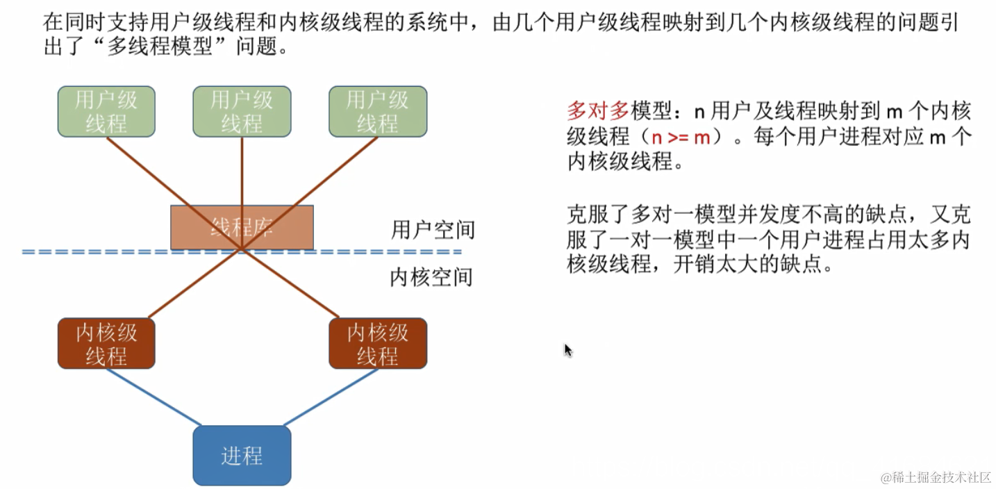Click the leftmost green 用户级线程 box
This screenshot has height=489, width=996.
tap(106, 111)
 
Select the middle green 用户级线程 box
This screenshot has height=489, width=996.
tap(242, 111)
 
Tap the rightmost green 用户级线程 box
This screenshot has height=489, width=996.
tap(377, 111)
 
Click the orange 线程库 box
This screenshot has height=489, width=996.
tap(242, 226)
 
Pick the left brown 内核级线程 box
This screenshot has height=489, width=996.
tap(106, 343)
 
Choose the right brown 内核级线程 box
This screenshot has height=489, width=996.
tap(377, 343)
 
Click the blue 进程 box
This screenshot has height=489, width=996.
tap(242, 456)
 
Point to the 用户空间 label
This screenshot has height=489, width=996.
tap(433, 230)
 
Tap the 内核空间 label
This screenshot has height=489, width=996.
tap(431, 277)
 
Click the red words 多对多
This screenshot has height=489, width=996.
tap(598, 111)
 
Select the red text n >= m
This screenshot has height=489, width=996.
tap(681, 137)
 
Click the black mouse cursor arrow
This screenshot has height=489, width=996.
tap(567, 349)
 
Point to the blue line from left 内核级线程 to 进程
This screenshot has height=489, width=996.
tap(153, 397)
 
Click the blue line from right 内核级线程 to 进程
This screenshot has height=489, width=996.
tap(331, 397)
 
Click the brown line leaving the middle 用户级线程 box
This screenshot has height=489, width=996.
tap(242, 174)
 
